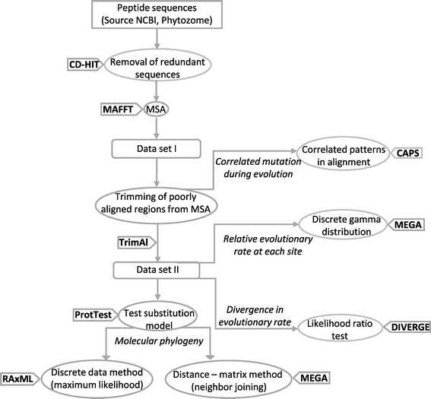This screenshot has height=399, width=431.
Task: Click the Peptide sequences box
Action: (x=157, y=14)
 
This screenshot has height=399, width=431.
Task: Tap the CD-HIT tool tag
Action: (x=85, y=65)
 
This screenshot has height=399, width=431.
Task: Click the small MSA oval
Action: (x=156, y=109)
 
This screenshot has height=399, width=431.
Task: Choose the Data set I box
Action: (x=156, y=149)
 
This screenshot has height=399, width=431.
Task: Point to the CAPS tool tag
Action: (x=407, y=153)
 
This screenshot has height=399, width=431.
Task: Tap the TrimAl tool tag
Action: (x=137, y=242)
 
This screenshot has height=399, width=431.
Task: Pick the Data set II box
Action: (x=157, y=270)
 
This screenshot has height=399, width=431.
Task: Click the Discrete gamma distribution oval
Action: (x=343, y=225)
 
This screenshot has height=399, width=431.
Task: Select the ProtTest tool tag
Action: (x=94, y=315)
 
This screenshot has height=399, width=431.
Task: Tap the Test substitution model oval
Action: (x=158, y=316)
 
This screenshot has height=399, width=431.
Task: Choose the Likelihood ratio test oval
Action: (x=340, y=328)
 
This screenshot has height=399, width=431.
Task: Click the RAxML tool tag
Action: (x=20, y=379)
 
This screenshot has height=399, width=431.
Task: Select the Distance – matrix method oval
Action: (x=228, y=380)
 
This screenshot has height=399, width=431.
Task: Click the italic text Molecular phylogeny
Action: (x=159, y=341)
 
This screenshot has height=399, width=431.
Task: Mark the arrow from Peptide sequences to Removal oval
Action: (x=157, y=39)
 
